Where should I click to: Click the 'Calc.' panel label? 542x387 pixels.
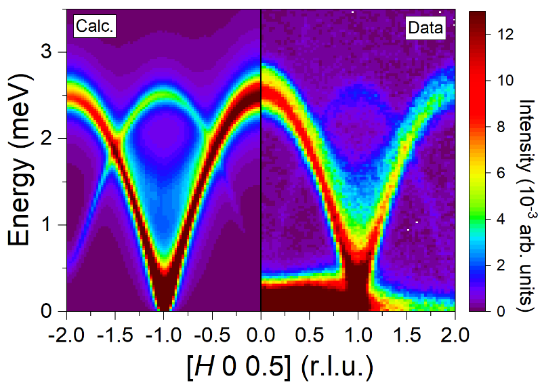pos(94,26)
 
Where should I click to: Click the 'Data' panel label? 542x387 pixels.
pos(425,28)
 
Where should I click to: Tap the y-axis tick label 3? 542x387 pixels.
pos(46,52)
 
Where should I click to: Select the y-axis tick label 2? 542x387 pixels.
pos(46,138)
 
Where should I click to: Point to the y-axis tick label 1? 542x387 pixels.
pos(46,225)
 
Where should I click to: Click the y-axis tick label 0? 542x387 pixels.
pos(46,311)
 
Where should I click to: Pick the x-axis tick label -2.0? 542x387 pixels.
pos(66,335)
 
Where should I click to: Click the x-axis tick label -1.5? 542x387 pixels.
pos(114,335)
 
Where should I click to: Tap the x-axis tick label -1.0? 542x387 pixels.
pos(163,335)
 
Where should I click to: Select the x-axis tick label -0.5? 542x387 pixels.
pos(212,335)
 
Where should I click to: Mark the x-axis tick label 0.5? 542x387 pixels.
pos(310,335)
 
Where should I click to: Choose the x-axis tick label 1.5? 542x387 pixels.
pos(407,335)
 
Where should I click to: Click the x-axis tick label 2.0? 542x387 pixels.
pos(455,335)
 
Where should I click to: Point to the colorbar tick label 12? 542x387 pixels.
pos(503,34)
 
